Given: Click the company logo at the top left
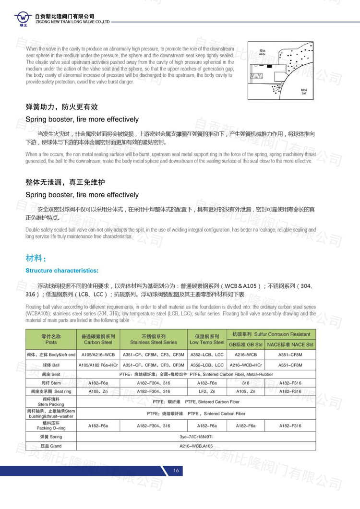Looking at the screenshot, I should pyautogui.click(x=23, y=18).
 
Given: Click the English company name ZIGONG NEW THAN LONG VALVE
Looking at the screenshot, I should pyautogui.click(x=72, y=22).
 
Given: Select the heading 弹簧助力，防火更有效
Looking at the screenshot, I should pyautogui.click(x=61, y=107).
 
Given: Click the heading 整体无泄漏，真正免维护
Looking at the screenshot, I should pyautogui.click(x=65, y=183).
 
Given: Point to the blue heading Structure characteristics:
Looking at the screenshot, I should pyautogui.click(x=62, y=271).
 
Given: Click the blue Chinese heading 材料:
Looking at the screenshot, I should pyautogui.click(x=36, y=259).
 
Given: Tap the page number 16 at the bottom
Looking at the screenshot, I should pyautogui.click(x=176, y=471).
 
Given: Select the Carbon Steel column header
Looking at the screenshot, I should pyautogui.click(x=98, y=339).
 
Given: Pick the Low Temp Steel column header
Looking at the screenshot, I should pyautogui.click(x=207, y=339).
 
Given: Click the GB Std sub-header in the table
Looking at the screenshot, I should pyautogui.click(x=246, y=344).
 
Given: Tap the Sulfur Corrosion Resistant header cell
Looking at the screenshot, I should pyautogui.click(x=271, y=334).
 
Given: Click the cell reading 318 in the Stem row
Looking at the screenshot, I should pyautogui.click(x=246, y=383).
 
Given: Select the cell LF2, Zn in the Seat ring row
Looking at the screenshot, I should pyautogui.click(x=207, y=391).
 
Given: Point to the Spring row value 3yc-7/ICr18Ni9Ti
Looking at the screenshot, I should pyautogui.click(x=196, y=437).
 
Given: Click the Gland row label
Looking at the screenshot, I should pyautogui.click(x=51, y=446).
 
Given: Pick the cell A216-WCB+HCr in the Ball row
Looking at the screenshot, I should pyautogui.click(x=246, y=365).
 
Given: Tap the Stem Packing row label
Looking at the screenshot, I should pyautogui.click(x=51, y=402).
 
